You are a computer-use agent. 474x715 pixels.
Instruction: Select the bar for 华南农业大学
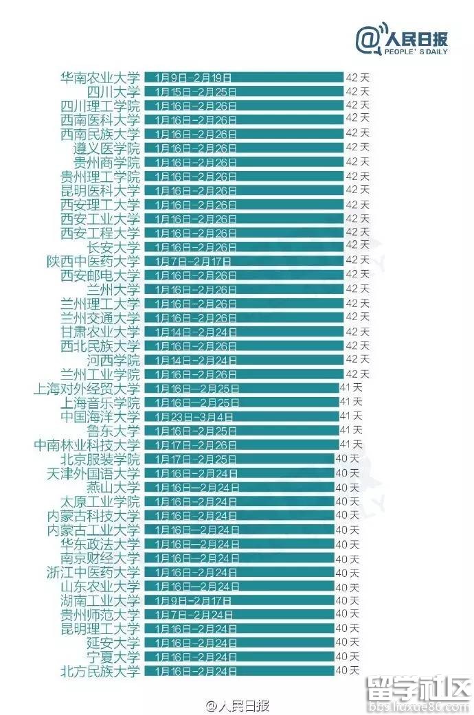(x=244, y=77)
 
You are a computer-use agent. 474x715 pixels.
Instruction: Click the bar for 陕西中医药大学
(x=244, y=261)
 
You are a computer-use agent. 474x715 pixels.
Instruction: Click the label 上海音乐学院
(x=100, y=402)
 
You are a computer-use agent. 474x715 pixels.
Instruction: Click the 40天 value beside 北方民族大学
(x=347, y=670)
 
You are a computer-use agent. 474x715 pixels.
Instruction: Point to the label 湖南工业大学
(x=100, y=600)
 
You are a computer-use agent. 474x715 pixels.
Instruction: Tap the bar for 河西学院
(x=244, y=360)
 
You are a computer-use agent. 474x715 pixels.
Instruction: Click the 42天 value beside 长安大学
(x=357, y=245)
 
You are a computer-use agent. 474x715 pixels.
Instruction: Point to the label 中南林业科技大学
(x=87, y=445)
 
